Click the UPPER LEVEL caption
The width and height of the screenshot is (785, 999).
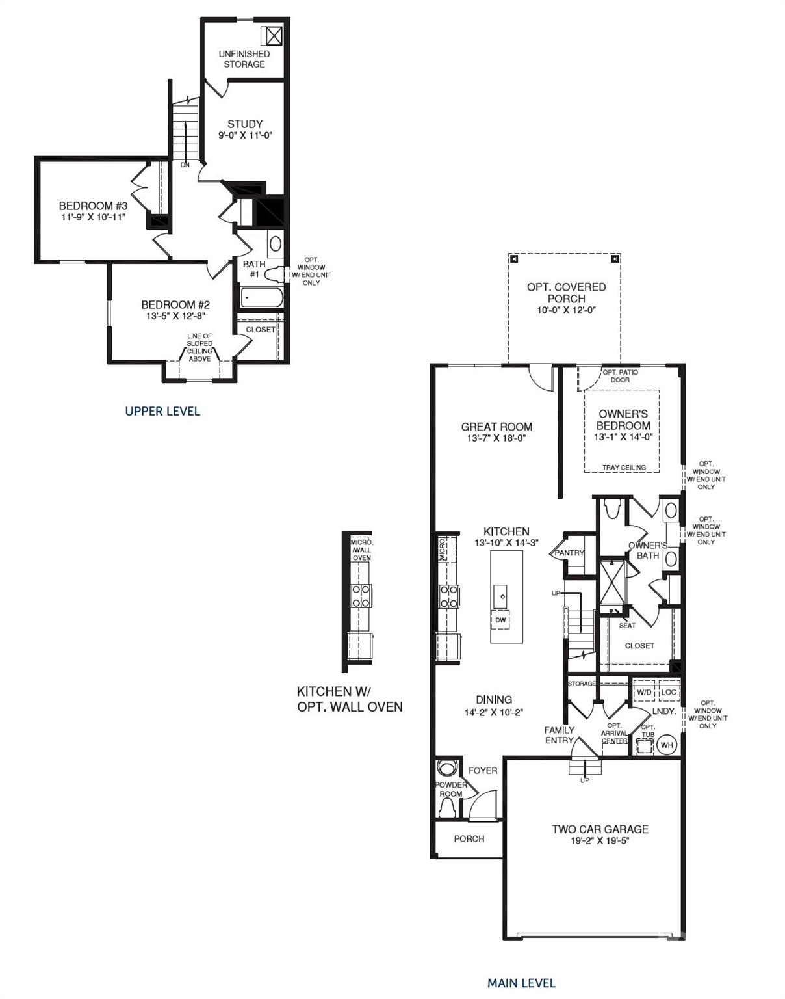coord(162,411)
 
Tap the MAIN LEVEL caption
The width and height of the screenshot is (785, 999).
coord(521,983)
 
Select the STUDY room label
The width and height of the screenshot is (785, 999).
coord(245,124)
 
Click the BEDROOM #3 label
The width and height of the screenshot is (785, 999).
coord(93,206)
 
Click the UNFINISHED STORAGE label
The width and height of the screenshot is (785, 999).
coord(244,59)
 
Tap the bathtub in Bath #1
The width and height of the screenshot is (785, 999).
coord(262,298)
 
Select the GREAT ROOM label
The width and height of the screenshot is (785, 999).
coord(496,427)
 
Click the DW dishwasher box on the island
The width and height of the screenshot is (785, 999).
coord(500,620)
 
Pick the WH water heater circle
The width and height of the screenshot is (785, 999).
coord(667,745)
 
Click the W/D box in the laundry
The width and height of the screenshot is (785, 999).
coord(644,693)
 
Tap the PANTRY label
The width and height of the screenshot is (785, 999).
coord(569,553)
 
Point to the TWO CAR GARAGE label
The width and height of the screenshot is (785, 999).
coord(600,829)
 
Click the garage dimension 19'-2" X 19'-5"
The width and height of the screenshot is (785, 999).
coord(600,840)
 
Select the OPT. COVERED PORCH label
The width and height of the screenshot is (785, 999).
coord(566,292)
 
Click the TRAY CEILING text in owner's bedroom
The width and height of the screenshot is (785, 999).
coord(624,467)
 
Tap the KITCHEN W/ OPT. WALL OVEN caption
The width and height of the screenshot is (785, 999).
coord(350,699)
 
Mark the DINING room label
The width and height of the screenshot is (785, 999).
coord(493,700)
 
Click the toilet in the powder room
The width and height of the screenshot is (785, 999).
coord(448,806)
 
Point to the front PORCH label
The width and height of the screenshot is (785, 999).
coord(469,838)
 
